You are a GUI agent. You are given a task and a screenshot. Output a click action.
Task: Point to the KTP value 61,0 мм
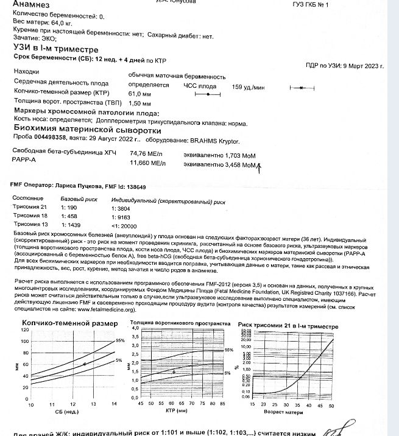(139, 94)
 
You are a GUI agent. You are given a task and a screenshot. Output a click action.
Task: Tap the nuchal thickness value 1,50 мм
(139, 104)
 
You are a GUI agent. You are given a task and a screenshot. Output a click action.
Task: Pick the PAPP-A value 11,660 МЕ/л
(147, 163)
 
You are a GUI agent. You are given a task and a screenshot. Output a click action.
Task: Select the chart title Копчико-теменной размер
(65, 323)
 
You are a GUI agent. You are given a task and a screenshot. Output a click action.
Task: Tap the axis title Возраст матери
(283, 412)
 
